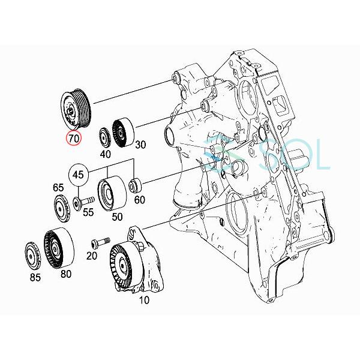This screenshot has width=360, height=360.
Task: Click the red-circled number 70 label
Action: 74,139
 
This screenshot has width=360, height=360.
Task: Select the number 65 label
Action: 58,187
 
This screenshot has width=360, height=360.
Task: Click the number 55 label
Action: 88,212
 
